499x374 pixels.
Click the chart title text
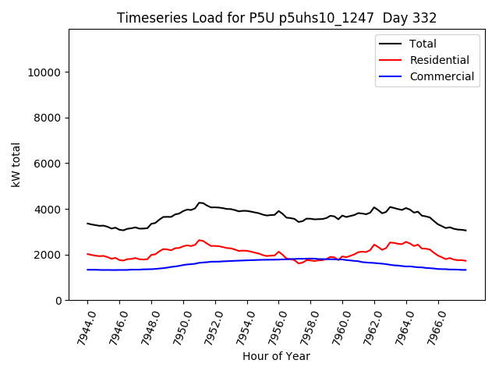(277, 18)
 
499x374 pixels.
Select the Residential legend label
(439, 60)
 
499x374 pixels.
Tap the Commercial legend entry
(441, 76)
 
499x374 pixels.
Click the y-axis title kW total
(16, 165)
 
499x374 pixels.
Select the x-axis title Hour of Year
(276, 356)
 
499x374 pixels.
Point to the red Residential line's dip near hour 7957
(299, 263)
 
